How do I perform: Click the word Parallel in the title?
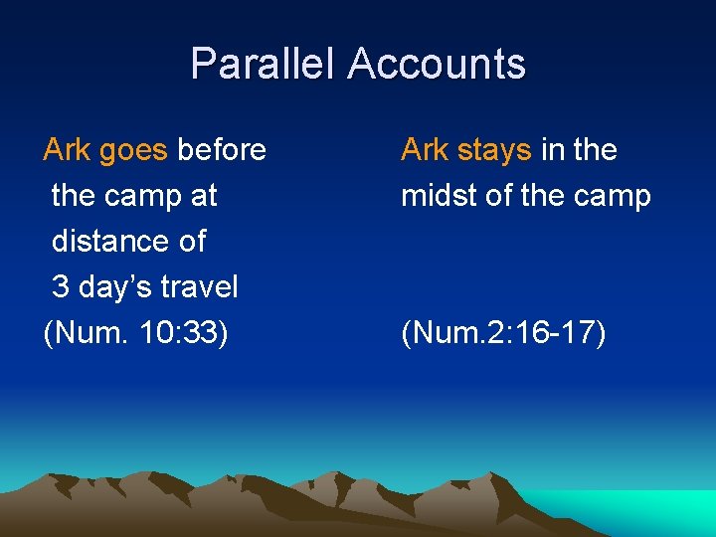[x=264, y=64]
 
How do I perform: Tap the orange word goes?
[x=133, y=150]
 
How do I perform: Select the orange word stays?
[x=494, y=150]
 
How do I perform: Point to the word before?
[x=221, y=150]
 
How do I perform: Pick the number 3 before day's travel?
[x=60, y=287]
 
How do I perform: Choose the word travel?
[x=199, y=287]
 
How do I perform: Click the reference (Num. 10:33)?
[x=136, y=333]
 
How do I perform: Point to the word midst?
[x=438, y=196]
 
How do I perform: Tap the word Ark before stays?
[x=425, y=150]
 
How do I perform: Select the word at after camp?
[x=203, y=196]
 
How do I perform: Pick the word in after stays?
[x=552, y=150]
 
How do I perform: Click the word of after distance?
[x=188, y=242]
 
